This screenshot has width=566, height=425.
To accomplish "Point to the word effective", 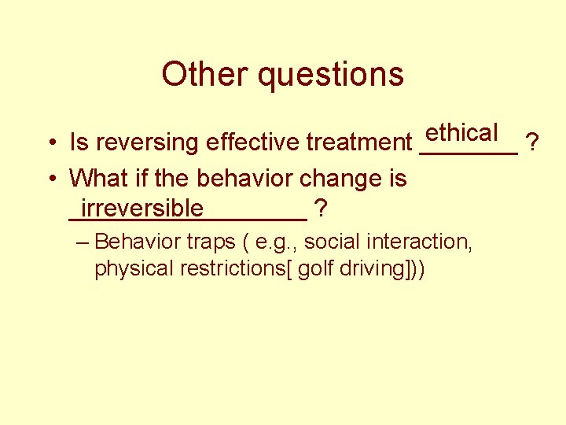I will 253,142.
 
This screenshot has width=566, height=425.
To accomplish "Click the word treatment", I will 359,142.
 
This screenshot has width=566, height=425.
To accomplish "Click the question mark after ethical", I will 533,142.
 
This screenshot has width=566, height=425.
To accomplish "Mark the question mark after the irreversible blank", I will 321,209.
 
